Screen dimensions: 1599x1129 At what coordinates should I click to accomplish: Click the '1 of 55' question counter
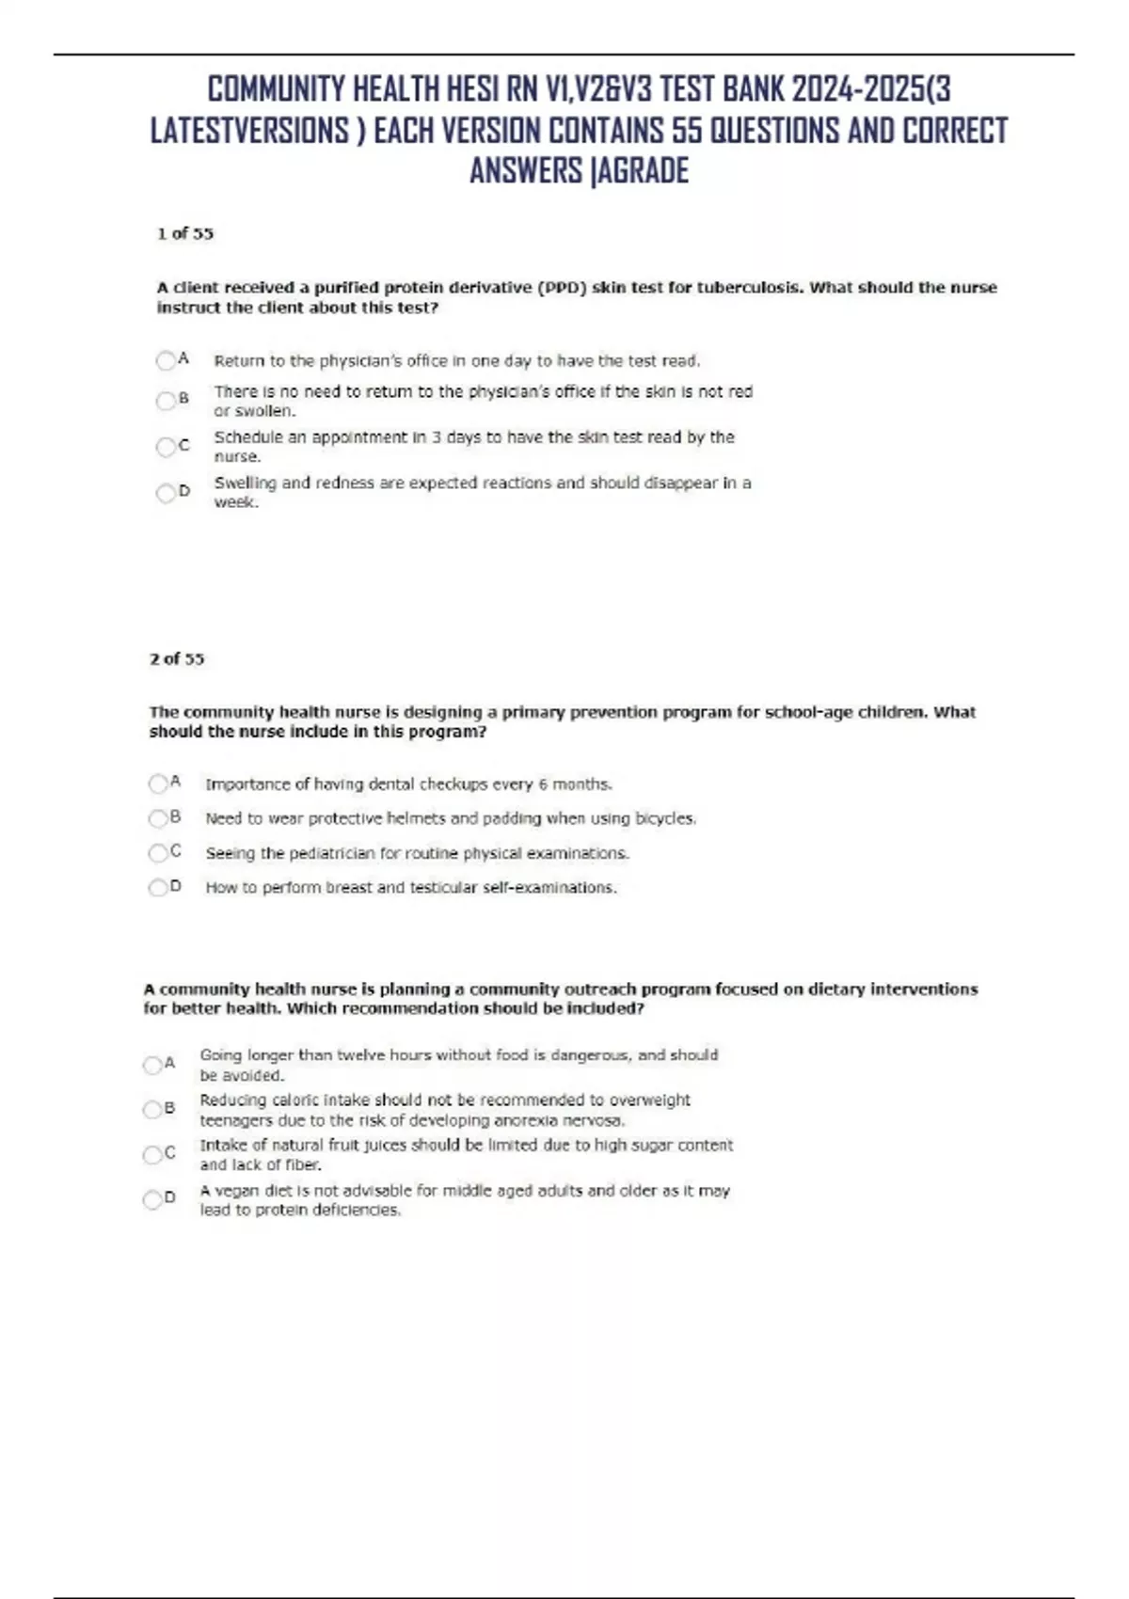pos(185,233)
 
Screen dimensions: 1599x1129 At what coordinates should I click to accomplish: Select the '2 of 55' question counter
pos(177,658)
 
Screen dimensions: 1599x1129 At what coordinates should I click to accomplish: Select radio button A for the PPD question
pos(166,360)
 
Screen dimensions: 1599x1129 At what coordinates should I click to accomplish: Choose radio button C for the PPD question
pos(166,447)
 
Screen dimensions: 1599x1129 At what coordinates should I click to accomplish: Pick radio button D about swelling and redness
pos(166,493)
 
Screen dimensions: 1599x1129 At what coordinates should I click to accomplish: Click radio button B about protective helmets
pos(158,818)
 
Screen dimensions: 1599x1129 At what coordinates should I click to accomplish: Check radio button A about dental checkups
pos(158,784)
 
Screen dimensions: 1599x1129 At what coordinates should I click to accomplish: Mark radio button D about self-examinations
pos(158,887)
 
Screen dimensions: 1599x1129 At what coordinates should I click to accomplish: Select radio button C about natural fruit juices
pos(152,1154)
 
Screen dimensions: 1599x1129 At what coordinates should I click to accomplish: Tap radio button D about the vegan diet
pos(152,1199)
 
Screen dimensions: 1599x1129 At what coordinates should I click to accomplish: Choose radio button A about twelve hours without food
pos(152,1065)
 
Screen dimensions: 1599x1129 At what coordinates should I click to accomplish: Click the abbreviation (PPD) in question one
pos(563,288)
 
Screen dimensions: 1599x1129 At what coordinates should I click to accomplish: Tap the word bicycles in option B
pos(665,818)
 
